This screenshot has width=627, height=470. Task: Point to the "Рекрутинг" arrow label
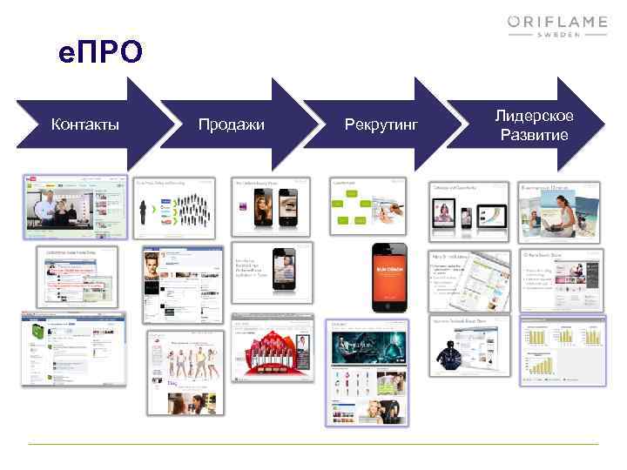381,127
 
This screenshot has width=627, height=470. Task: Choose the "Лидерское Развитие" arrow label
534,125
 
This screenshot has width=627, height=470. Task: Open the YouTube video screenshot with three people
75,206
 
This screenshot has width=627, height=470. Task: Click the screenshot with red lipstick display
272,357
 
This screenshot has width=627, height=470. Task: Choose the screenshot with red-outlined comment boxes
76,276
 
